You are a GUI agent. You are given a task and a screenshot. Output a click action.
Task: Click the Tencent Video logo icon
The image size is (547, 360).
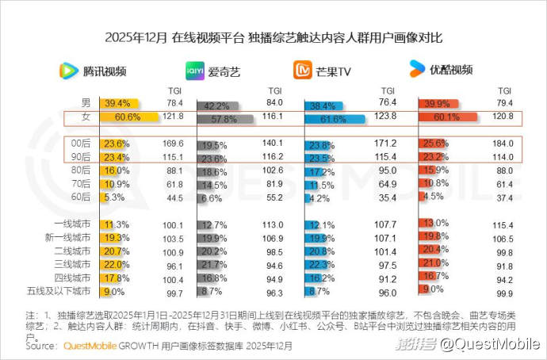click(69, 71)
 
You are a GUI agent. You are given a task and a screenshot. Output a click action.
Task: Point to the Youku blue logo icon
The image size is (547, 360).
click(417, 70)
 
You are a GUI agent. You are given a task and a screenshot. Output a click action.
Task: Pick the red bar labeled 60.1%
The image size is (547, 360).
click(446, 117)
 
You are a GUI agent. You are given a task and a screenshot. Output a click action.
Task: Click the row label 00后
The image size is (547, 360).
click(81, 144)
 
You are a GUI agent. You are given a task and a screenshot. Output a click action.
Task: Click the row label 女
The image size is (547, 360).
click(86, 117)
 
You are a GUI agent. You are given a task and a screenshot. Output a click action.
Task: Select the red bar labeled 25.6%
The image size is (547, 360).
click(430, 144)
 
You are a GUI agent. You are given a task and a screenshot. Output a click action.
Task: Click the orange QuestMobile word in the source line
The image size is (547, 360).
click(88, 347)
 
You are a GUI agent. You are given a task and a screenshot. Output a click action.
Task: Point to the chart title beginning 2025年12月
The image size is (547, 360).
click(273, 37)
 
